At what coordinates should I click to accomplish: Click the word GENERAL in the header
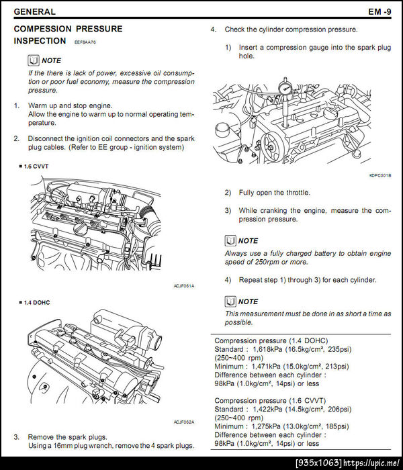tap(34, 11)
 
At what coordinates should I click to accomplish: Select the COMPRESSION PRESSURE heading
tap(68, 29)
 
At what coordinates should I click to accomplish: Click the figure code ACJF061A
tap(183, 286)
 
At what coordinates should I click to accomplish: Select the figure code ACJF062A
tap(183, 422)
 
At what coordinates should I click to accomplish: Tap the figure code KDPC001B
tap(379, 176)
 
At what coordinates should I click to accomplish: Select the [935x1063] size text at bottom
tap(319, 463)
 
